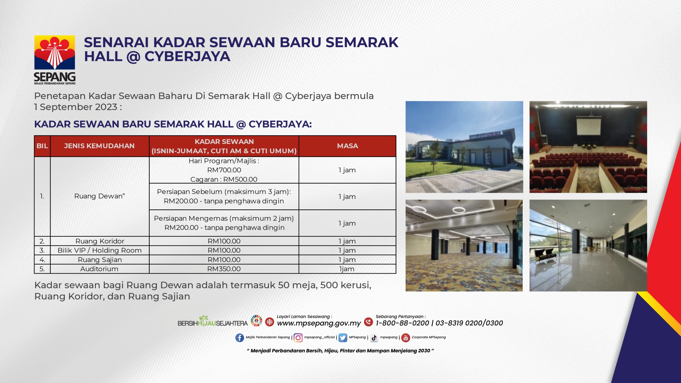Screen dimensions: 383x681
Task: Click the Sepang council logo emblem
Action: point(55,53)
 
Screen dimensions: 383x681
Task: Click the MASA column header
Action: point(347,146)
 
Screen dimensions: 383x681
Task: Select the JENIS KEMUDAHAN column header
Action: point(99,146)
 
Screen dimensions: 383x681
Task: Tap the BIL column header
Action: point(42,146)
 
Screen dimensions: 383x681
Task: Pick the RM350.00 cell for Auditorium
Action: point(224,269)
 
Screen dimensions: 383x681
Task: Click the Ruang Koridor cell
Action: point(100,241)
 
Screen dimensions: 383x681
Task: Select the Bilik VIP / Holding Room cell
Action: point(99,250)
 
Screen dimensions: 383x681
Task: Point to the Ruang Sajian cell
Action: point(100,260)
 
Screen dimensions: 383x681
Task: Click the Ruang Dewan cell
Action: point(99,196)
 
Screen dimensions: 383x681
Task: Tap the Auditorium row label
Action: point(99,269)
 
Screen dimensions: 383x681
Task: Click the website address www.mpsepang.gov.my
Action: point(319,323)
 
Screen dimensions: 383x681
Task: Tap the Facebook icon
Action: point(239,338)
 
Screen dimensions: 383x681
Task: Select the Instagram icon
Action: point(298,338)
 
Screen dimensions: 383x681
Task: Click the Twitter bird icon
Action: point(342,338)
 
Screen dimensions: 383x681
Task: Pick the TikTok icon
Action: point(374,338)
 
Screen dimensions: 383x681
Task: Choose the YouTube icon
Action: point(406,338)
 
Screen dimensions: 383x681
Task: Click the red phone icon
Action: point(368,322)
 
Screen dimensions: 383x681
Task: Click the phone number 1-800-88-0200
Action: point(402,323)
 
